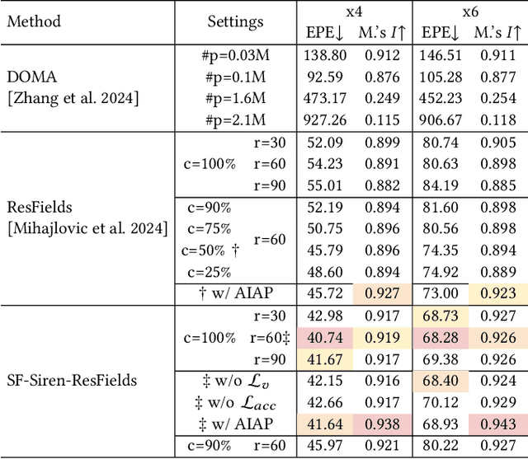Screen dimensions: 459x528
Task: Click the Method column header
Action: click(34, 21)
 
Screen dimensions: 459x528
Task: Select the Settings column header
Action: click(235, 21)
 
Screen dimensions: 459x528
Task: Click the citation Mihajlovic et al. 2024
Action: click(86, 227)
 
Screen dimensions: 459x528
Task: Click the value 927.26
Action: click(323, 119)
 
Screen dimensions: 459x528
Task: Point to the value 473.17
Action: click(323, 98)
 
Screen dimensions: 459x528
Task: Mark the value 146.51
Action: click(438, 55)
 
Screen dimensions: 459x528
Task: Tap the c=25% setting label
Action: click(207, 271)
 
